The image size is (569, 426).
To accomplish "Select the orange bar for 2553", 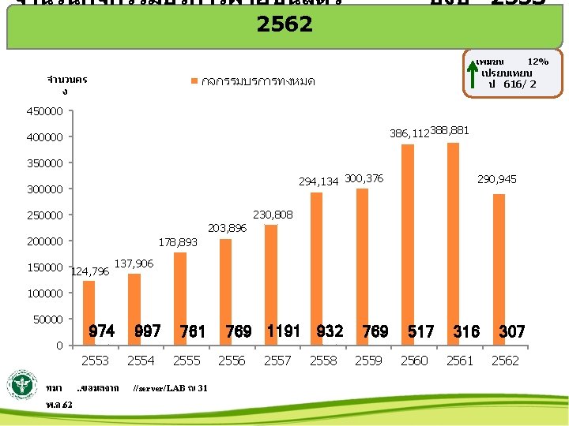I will [89, 312].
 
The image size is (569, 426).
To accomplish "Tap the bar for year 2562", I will [498, 269].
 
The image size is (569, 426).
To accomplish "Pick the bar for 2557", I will [271, 284].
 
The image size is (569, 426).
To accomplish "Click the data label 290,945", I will [496, 180].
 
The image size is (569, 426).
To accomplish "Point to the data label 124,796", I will [90, 272].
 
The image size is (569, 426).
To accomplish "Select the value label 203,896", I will [228, 228].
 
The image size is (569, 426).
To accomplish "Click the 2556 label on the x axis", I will [232, 361].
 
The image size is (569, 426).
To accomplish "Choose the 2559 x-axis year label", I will [368, 361].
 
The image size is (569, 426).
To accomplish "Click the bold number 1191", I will [284, 331].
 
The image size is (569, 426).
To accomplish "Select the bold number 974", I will [102, 331].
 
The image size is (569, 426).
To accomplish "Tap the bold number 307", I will [511, 332].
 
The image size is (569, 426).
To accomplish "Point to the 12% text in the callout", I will [537, 62].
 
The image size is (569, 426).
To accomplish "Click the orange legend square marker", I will [194, 81].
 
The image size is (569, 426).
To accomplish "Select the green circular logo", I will [23, 387].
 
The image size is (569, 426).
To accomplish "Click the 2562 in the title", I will [284, 24].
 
